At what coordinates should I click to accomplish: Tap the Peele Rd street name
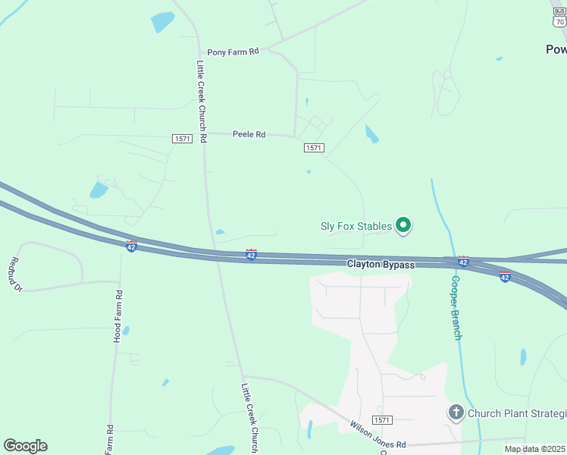(x=249, y=134)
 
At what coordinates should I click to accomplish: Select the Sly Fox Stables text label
(x=356, y=226)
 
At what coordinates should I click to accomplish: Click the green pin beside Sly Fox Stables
(x=404, y=225)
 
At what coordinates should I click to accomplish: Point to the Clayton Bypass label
(x=381, y=265)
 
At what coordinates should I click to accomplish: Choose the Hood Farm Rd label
(x=117, y=315)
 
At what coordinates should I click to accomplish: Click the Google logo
(x=25, y=446)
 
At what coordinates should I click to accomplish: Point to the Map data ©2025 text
(x=534, y=449)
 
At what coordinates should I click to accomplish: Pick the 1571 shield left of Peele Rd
(x=182, y=138)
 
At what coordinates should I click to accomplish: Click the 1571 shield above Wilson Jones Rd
(x=384, y=419)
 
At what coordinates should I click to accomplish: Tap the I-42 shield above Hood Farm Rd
(x=131, y=246)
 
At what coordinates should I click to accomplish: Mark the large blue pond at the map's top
(x=162, y=22)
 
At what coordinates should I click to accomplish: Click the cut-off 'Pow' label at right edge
(x=556, y=49)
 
